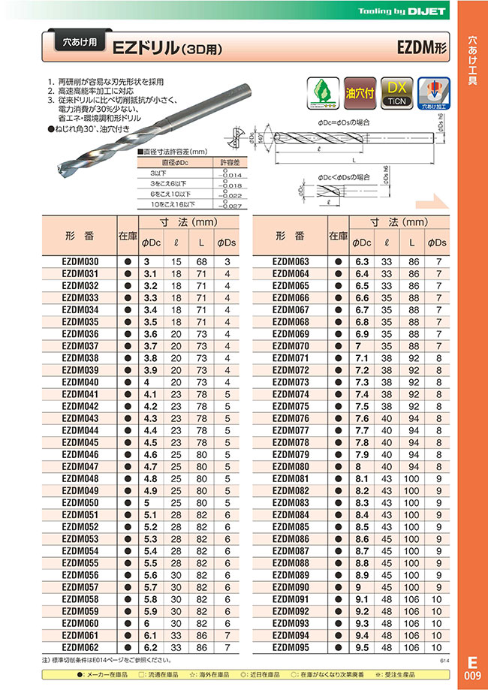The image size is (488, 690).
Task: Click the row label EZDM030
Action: tap(78, 262)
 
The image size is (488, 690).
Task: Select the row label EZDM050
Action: tap(78, 502)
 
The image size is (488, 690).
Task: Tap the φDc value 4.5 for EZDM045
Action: tap(151, 442)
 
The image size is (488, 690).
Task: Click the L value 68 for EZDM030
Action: tap(202, 262)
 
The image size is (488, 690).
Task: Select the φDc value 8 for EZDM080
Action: tap(362, 466)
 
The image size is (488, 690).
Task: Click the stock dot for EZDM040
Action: tap(128, 382)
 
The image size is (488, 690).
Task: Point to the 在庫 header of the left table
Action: tap(128, 236)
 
